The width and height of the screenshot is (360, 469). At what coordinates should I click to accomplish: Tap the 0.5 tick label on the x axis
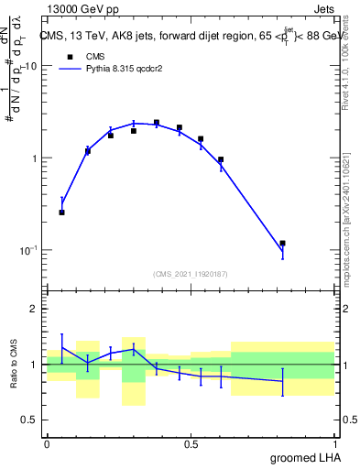[x=191, y=444]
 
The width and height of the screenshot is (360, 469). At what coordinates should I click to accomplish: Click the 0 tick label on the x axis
[x=47, y=444]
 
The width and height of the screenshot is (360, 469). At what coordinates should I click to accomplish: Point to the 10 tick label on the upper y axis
[x=30, y=67]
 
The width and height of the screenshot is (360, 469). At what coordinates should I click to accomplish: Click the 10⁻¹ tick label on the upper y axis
[x=28, y=250]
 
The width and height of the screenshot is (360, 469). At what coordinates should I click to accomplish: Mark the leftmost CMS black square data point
[x=61, y=212]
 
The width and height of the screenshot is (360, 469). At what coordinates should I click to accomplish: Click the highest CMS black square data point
[x=157, y=123]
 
